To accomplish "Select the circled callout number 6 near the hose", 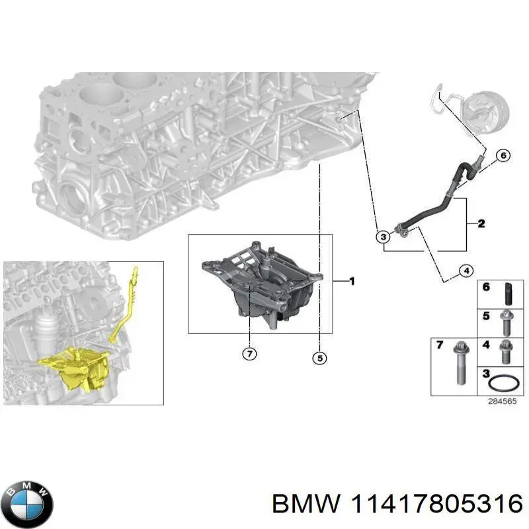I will click(502, 156).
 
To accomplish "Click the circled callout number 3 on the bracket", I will click(383, 236).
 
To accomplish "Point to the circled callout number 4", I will click(466, 270).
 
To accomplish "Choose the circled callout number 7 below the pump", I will click(249, 354).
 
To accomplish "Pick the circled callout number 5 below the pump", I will click(319, 358).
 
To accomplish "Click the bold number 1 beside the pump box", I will click(352, 282).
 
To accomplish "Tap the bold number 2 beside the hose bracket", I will click(481, 224).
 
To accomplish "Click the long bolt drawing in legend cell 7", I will click(458, 366).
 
